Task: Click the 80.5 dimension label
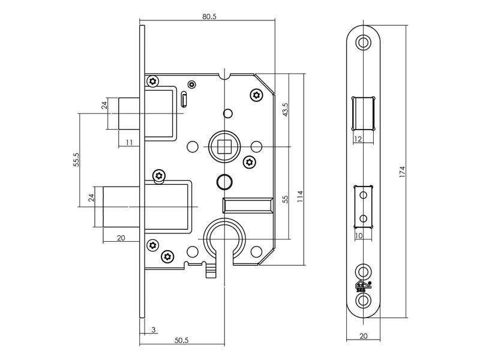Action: click(x=209, y=16)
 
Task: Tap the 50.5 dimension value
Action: click(x=182, y=340)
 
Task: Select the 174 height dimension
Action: click(x=402, y=172)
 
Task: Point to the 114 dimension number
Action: click(x=300, y=196)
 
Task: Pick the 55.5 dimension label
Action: click(x=76, y=160)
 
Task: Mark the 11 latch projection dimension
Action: click(x=129, y=142)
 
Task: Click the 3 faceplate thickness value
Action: click(x=154, y=329)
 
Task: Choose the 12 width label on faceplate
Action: click(x=358, y=139)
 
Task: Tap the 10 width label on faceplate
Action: click(x=358, y=235)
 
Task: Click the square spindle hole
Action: click(x=224, y=146)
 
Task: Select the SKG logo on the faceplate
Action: click(x=364, y=286)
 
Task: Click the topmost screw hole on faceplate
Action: click(x=363, y=42)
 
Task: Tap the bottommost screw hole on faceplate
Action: click(x=363, y=300)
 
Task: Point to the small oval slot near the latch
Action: click(x=184, y=99)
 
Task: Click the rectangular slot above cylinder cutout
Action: click(x=247, y=205)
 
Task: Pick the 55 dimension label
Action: click(x=285, y=200)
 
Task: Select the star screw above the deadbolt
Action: click(x=159, y=176)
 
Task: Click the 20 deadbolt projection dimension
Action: click(x=121, y=238)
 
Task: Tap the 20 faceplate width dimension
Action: click(x=364, y=336)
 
